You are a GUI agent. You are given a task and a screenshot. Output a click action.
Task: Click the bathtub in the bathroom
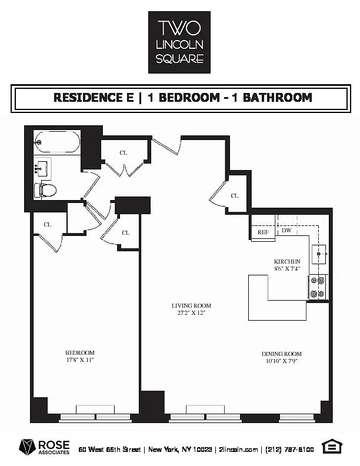click(x=57, y=142)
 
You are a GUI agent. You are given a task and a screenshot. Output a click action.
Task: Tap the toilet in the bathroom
click(x=45, y=190)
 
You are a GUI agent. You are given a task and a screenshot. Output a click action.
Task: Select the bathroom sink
click(x=42, y=169)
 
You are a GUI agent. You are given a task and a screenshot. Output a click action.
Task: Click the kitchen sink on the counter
click(x=319, y=254)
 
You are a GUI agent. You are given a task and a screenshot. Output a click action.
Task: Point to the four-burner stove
click(x=317, y=287)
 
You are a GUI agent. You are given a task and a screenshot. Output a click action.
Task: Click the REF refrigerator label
click(x=263, y=232)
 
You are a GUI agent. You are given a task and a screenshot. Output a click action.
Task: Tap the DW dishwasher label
click(x=286, y=230)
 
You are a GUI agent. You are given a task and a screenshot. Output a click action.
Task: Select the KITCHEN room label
click(x=287, y=261)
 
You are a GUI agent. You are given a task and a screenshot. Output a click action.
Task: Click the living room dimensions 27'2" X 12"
click(x=191, y=312)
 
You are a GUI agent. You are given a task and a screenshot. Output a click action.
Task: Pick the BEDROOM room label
click(x=80, y=353)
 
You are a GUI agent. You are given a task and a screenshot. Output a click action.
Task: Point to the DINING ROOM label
click(x=282, y=354)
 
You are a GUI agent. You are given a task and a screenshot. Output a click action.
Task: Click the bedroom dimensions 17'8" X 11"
click(x=80, y=360)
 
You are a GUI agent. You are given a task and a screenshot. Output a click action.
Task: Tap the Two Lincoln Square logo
click(x=179, y=42)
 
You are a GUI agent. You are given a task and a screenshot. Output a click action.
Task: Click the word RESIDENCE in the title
click(x=94, y=98)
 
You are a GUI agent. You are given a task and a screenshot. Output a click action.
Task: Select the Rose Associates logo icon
click(x=27, y=447)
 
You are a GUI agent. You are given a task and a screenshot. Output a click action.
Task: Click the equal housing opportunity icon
click(x=332, y=447)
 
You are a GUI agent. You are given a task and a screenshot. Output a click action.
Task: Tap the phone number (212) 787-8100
click(x=289, y=450)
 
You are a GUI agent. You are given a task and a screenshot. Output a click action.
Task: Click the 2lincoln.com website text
click(x=238, y=450)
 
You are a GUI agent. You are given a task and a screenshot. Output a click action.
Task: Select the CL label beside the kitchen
click(x=235, y=196)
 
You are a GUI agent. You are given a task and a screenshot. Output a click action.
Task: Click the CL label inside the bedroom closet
click(x=48, y=225)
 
